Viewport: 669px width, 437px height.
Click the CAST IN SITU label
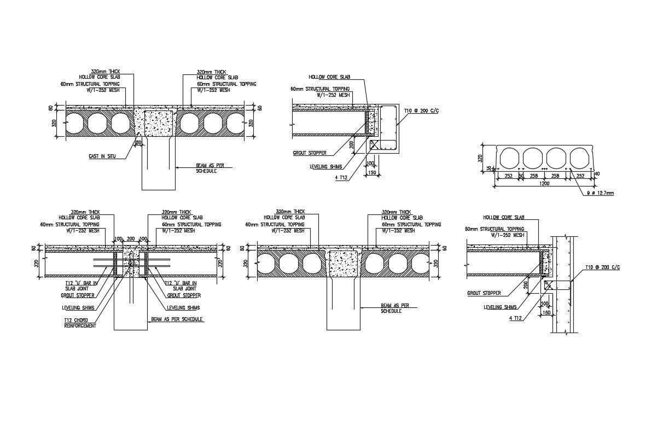click(x=101, y=156)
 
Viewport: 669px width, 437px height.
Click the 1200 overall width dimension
click(x=545, y=183)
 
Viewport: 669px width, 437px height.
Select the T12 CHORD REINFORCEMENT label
click(x=80, y=323)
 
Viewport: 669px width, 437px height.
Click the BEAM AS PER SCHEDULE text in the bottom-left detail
click(x=177, y=319)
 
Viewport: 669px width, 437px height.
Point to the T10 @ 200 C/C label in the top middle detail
click(x=421, y=111)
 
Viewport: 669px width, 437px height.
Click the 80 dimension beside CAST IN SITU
click(x=138, y=143)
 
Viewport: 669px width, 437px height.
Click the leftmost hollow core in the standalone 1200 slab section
click(x=508, y=158)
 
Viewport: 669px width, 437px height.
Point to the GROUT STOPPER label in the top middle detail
click(x=310, y=153)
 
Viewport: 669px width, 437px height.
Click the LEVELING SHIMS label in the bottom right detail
click(x=500, y=307)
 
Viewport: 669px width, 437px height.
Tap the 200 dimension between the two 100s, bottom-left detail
click(x=131, y=239)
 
